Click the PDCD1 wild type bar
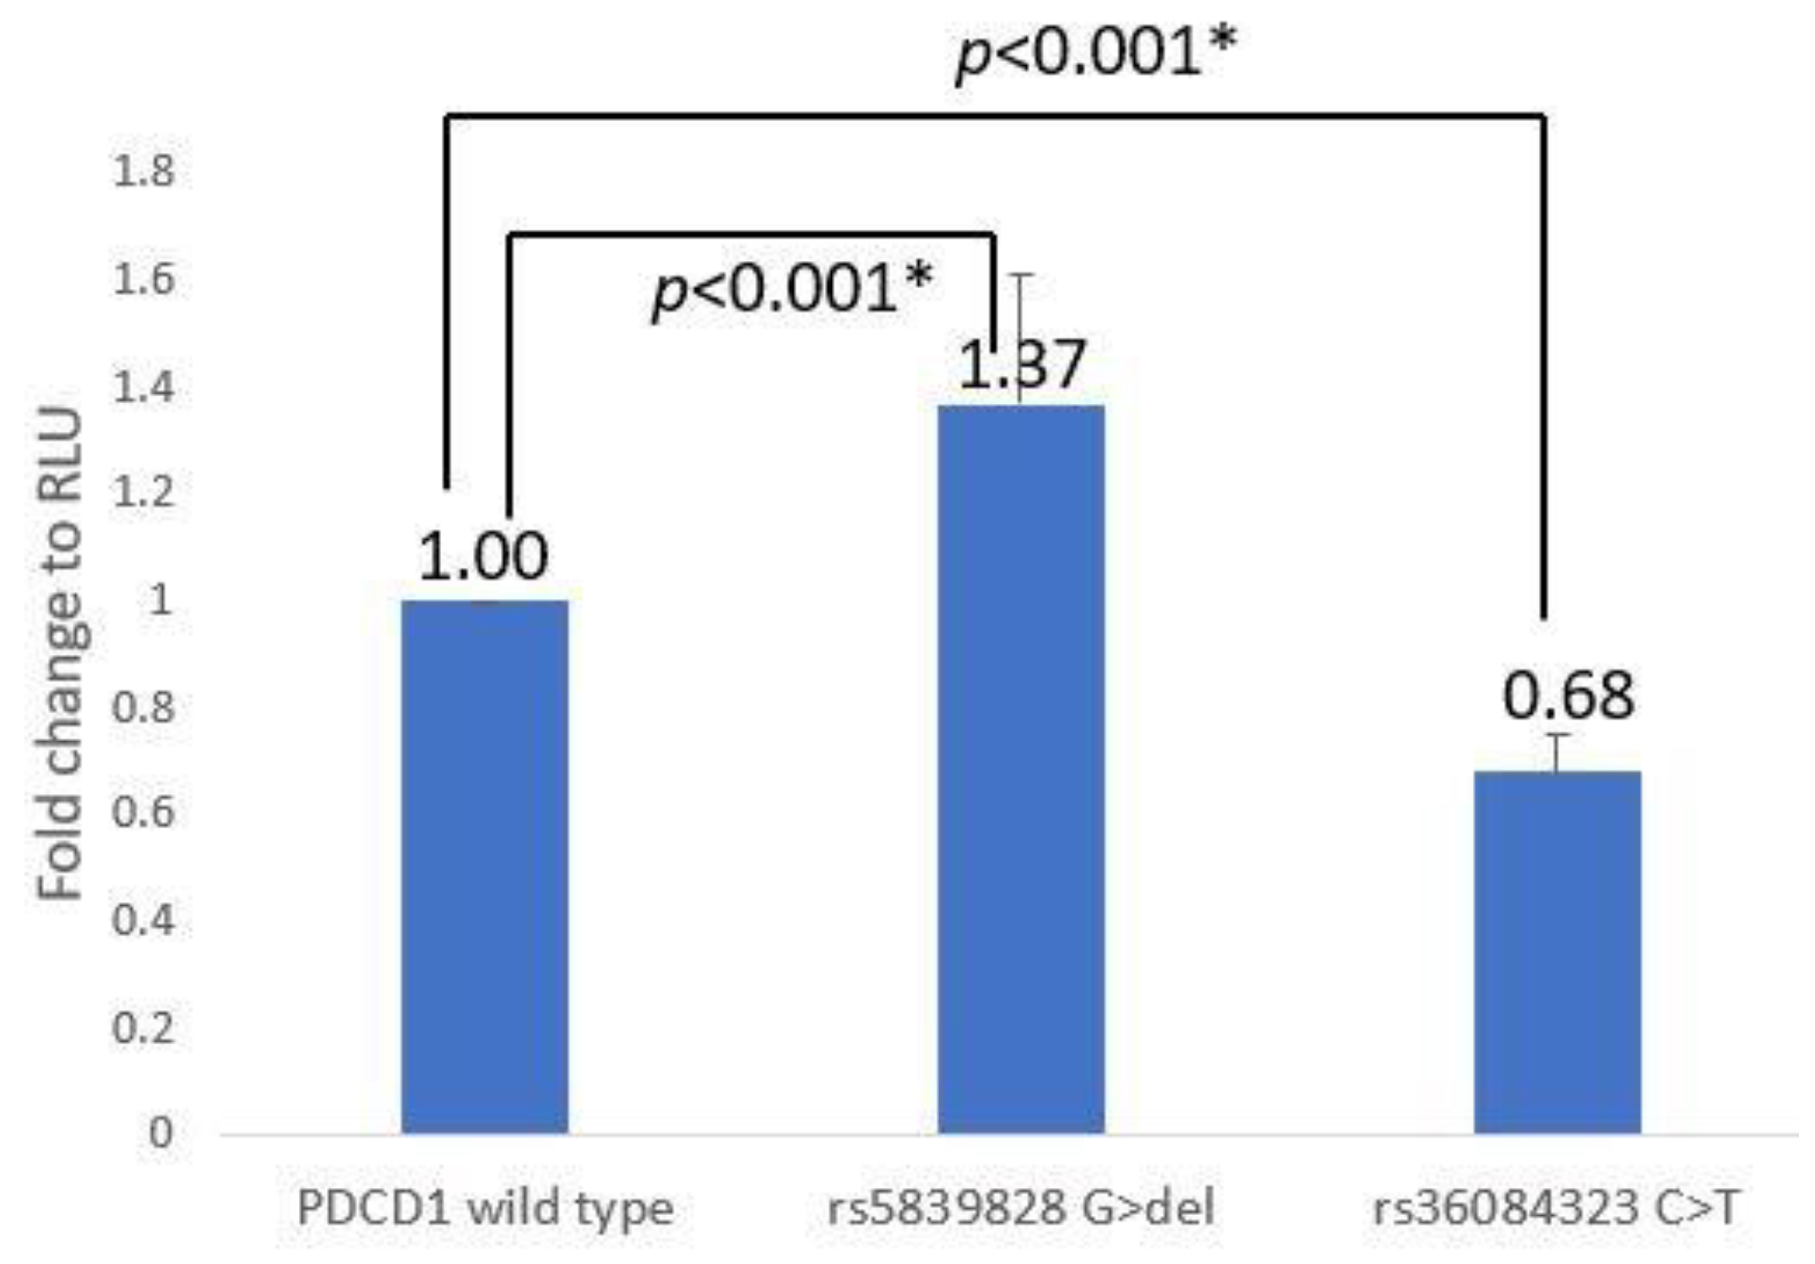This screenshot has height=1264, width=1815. click(484, 866)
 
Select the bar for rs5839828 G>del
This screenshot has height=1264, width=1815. click(1021, 769)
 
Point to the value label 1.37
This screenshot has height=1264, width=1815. click(1021, 365)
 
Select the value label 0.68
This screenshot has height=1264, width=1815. click(1568, 696)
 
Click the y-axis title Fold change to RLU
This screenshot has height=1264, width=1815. click(61, 655)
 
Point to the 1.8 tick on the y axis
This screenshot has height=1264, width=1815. click(144, 172)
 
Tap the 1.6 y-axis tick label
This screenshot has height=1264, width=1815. click(144, 279)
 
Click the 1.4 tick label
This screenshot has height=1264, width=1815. click(144, 386)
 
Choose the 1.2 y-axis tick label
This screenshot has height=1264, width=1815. click(144, 493)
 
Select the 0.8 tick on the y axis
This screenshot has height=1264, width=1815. click(144, 707)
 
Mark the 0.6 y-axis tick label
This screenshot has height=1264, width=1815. click(144, 813)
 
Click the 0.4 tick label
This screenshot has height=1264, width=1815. click(144, 920)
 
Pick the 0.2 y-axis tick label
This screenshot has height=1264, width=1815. click(144, 1027)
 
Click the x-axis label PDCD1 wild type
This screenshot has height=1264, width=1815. click(486, 1209)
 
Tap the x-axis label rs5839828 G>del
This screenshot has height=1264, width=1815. click(1021, 1209)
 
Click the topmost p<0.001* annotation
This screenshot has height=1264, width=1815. click(1095, 52)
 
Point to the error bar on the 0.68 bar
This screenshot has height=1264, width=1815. click(1557, 752)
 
